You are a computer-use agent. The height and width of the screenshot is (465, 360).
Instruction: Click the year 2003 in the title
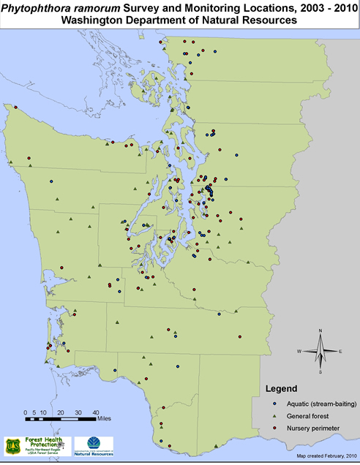[x=277, y=7]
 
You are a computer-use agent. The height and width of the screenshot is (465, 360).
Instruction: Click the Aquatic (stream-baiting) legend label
[x=311, y=403]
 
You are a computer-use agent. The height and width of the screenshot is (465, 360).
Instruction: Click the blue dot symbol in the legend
[x=273, y=403]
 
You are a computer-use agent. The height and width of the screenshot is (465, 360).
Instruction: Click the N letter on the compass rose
[x=320, y=333]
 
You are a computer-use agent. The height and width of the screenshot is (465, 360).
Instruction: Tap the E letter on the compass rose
[x=341, y=352]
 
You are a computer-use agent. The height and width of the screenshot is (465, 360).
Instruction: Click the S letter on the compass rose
[x=320, y=372]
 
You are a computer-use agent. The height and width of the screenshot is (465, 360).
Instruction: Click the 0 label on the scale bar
[x=25, y=412]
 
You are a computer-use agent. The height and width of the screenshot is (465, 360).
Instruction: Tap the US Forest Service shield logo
[x=14, y=445]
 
